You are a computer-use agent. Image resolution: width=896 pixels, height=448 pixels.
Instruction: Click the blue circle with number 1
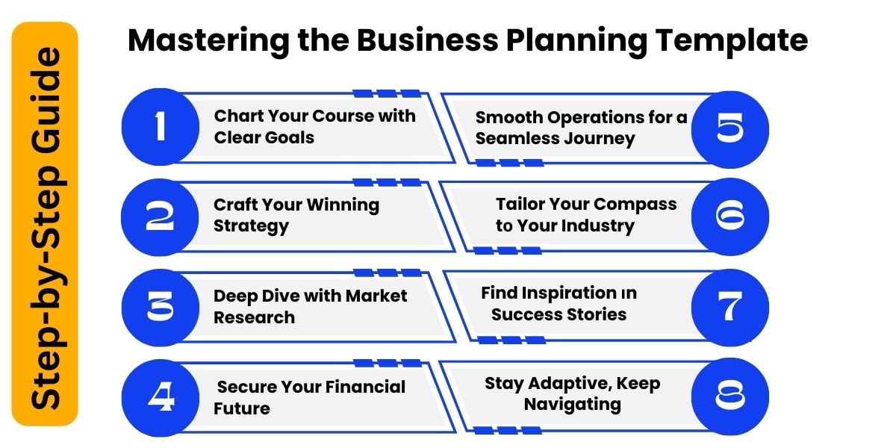(159, 126)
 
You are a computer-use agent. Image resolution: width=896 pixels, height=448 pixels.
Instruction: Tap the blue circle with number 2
(159, 217)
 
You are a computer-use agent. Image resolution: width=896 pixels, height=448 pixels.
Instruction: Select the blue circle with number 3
(159, 307)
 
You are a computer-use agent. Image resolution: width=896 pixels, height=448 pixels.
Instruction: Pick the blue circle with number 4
(159, 397)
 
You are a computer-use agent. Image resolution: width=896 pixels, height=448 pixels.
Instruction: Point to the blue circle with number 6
(729, 217)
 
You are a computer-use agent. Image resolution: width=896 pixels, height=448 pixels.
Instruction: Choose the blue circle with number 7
(729, 307)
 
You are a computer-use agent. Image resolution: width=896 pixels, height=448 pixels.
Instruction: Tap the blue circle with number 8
(729, 396)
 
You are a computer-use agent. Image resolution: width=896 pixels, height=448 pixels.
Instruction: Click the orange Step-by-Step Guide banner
(45, 224)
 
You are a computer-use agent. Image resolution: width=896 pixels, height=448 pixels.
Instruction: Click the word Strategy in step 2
(251, 226)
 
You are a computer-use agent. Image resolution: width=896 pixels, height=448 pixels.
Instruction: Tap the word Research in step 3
(254, 317)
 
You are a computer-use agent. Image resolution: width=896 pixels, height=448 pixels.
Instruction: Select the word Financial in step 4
(364, 387)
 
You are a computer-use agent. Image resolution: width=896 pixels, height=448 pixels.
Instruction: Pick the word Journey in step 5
(600, 139)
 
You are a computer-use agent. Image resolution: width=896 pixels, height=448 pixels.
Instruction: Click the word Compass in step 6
(635, 205)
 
